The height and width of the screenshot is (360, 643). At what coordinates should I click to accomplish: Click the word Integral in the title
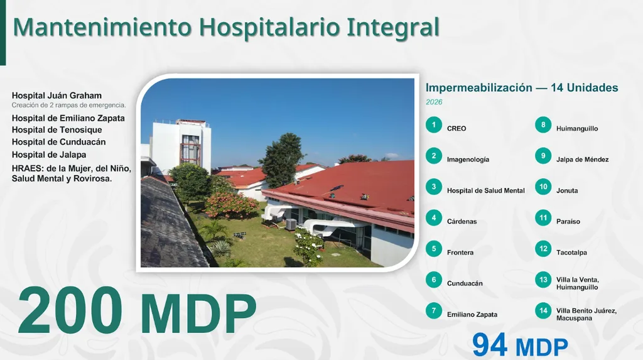393,27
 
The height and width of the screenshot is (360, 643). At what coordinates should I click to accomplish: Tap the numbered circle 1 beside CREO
433,125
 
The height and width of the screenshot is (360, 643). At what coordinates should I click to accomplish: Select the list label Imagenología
468,160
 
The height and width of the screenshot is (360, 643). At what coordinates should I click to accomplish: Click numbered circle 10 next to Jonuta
543,187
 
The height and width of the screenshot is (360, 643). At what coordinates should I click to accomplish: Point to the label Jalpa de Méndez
582,160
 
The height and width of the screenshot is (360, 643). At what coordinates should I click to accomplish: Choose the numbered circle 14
543,311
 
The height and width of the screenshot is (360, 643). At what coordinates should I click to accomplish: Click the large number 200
70,310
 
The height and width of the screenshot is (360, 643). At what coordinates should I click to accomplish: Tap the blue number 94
490,345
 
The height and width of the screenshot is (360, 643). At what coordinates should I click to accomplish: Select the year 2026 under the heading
434,102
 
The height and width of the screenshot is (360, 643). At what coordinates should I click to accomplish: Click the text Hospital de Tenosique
57,129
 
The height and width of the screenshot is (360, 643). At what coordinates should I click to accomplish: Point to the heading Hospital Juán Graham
57,95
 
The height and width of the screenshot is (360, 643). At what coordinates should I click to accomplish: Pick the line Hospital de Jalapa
49,155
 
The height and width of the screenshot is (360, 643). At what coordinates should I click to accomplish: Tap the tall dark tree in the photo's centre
282,160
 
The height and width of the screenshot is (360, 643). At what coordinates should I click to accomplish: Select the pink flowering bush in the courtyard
232,204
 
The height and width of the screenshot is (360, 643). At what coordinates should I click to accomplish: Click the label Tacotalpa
571,253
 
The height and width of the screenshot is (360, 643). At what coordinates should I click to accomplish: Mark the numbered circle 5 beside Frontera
433,249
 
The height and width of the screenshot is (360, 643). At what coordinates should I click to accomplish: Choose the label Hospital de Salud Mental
486,190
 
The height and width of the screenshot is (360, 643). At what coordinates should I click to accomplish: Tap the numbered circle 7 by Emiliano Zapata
433,311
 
